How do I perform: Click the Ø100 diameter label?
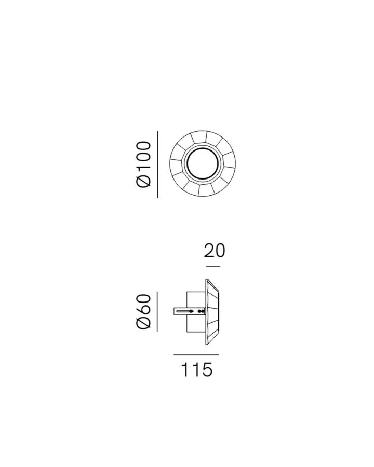coord(144,164)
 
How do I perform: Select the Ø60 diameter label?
coord(144,311)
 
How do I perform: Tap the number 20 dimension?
coord(215,251)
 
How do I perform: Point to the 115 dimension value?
coord(197,369)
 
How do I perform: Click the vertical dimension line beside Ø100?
coord(158,164)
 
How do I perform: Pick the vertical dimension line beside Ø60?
coord(157,311)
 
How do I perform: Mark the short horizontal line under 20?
coord(213,267)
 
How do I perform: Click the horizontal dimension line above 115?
coord(196,355)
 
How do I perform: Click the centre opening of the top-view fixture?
coord(203,164)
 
